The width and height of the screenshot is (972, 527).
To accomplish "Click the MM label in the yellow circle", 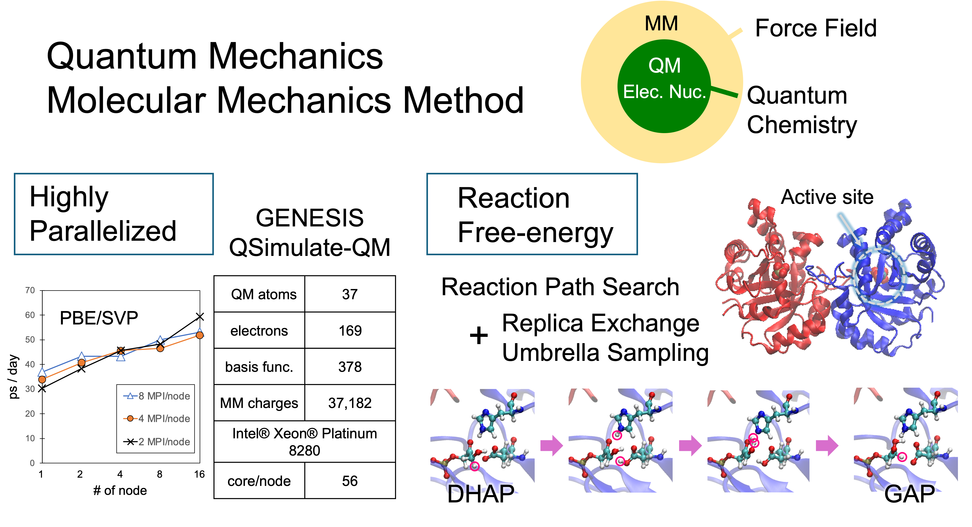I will pos(661,23).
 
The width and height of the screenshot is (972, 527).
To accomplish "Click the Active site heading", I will pos(827,197).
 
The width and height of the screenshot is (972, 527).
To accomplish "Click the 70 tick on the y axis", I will pos(30,290).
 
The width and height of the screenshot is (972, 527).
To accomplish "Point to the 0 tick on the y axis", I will pos(32,463).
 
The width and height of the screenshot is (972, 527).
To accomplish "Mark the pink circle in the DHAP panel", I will pos(475,466).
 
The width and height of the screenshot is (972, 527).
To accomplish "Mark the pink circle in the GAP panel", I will pos(902,457).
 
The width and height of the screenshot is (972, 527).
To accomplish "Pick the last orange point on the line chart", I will pos(200,335).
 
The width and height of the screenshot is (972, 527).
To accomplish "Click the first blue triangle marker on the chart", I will pos(42,372).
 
